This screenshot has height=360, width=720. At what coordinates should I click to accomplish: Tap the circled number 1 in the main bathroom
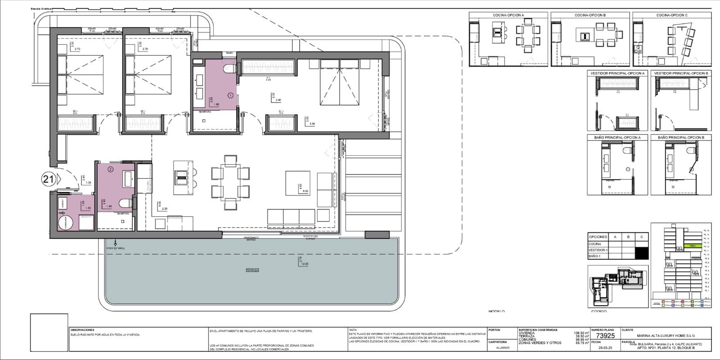pos(230,95)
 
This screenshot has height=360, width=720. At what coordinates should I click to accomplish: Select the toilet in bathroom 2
pos(125,203)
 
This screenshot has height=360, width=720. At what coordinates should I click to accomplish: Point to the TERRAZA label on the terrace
pos(252,270)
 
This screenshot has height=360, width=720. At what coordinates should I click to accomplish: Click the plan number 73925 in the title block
pos(605,336)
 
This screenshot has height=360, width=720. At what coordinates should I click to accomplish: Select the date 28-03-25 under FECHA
pos(605,347)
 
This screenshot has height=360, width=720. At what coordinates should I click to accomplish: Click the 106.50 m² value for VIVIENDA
pos(581,333)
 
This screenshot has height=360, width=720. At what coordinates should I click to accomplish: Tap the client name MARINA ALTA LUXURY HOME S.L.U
pos(666,335)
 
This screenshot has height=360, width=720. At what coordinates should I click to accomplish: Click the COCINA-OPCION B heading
pos(590,15)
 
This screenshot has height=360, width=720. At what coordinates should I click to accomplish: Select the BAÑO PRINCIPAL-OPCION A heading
pos(617,137)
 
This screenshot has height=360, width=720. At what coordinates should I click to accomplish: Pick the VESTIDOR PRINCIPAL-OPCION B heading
pos(681,73)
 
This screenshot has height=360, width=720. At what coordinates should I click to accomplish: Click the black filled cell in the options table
pos(641,253)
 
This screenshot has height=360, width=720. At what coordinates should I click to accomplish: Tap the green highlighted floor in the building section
pos(693,246)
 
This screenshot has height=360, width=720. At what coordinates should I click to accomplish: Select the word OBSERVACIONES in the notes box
pos(83,330)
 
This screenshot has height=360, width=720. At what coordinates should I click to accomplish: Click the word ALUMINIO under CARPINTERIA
pos(504,347)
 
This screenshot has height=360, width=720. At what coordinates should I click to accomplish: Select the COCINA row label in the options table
pos(594,244)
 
